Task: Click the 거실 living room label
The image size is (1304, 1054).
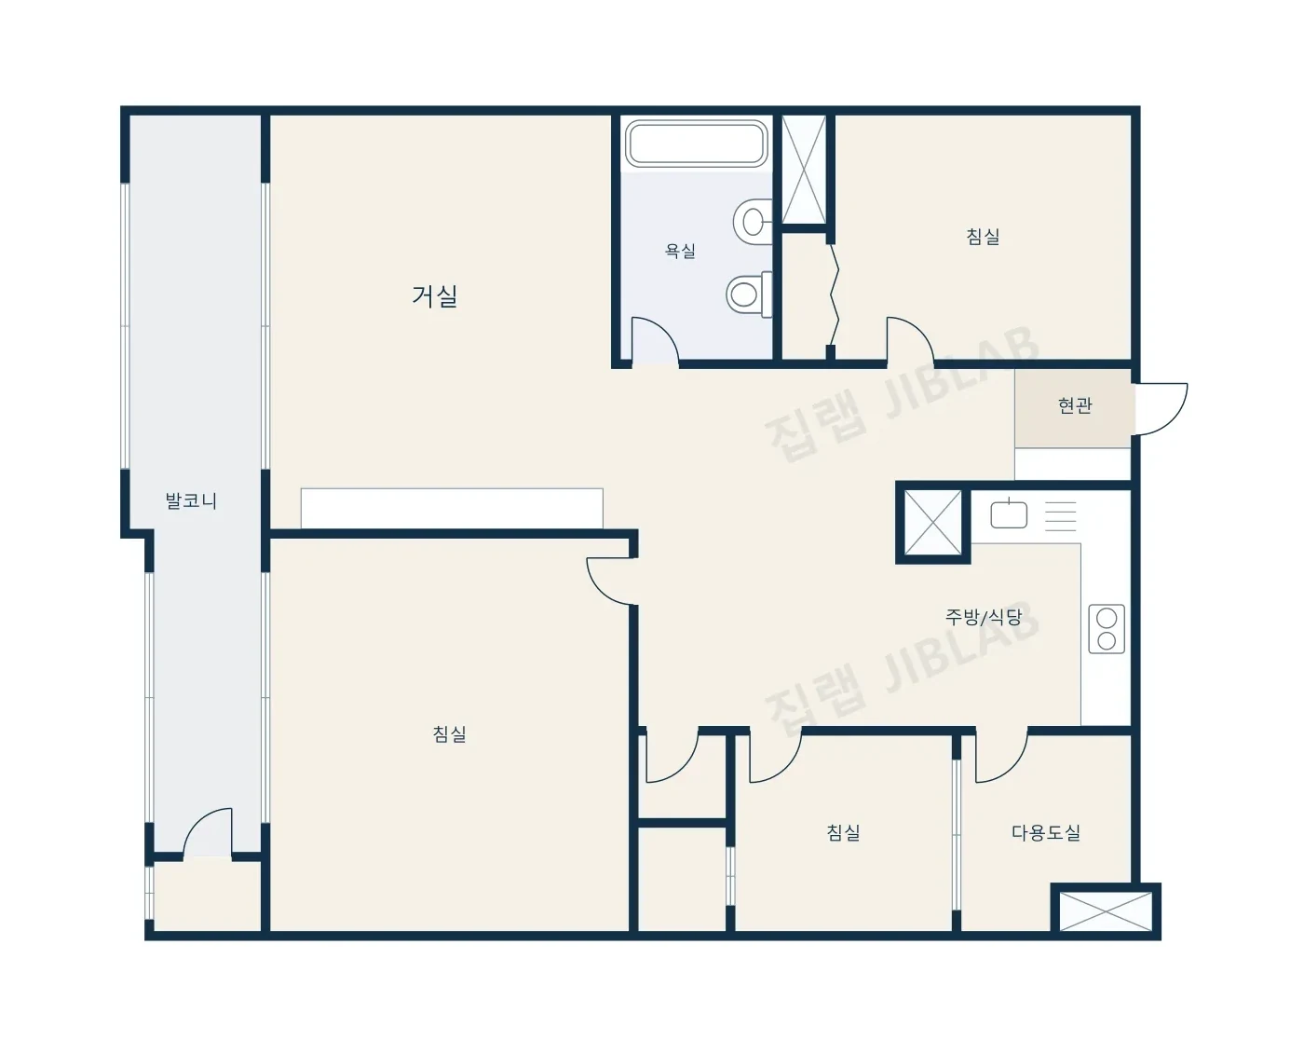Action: coord(434,296)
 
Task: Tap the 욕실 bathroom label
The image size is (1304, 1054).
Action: coord(680,251)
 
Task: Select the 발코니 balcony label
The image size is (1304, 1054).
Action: coord(191,500)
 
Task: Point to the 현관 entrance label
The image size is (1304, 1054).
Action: coord(1075,405)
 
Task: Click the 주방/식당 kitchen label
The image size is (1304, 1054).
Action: coord(984,616)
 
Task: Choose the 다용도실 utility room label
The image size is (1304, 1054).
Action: coord(1046,832)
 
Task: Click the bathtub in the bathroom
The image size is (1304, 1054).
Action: coord(696,144)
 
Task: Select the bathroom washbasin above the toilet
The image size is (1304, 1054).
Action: coord(753,221)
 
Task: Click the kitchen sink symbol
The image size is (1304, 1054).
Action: coord(1009,513)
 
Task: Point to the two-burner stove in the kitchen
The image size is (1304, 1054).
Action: coord(1107,629)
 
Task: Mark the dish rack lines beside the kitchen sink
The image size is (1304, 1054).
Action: coord(1060,516)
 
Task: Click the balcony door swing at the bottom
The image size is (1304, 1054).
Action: coord(208,833)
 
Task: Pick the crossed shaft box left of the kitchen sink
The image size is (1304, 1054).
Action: coord(932,523)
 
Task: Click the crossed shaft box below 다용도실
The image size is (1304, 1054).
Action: coord(1106,911)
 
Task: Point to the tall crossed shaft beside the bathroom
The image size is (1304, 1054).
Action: coord(804,169)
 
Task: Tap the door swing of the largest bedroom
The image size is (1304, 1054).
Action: coord(608,581)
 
